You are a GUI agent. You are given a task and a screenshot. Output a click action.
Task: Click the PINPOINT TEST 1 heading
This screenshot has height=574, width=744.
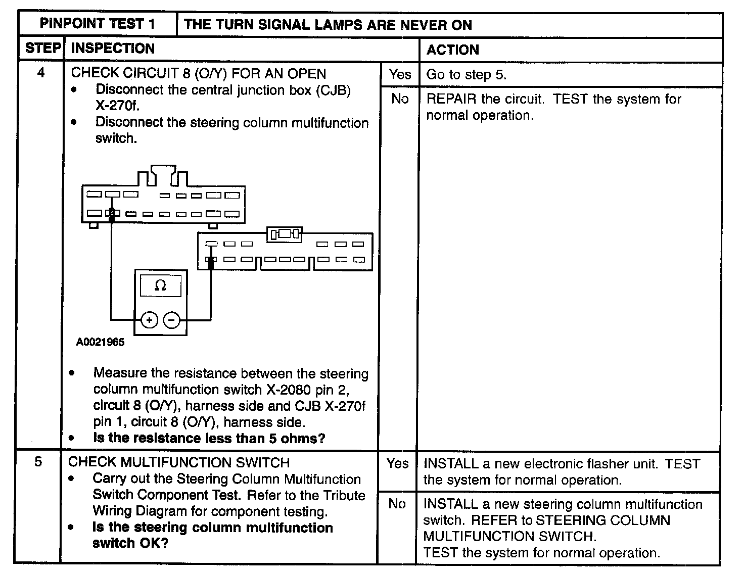pos(98,24)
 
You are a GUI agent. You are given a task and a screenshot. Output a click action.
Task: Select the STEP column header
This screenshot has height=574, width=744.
pos(42,49)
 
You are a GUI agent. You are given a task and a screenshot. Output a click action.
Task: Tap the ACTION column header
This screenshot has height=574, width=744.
pos(452,50)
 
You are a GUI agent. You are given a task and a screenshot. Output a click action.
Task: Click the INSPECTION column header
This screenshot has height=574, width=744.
pos(113,49)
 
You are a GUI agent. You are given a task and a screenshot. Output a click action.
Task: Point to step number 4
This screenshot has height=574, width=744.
pos(41,73)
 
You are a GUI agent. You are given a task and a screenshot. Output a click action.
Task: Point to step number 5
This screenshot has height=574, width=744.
pos(38,462)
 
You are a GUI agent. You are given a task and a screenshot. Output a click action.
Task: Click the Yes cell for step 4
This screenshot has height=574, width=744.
pos(400,74)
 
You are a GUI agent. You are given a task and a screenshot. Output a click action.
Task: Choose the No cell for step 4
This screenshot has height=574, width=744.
pos(399,99)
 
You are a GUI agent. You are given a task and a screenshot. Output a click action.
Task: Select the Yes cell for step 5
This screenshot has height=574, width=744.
pos(397,463)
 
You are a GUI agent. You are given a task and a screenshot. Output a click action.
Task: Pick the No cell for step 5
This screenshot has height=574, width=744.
pos(397,503)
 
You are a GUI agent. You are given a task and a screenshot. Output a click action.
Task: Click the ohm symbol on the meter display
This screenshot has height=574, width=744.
pos(160,286)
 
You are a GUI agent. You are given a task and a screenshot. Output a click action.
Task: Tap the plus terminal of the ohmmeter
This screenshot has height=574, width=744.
pos(149,320)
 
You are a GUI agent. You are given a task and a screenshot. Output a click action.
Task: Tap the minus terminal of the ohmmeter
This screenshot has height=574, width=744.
pos(172,320)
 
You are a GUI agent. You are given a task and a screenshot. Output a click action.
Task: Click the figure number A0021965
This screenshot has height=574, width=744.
pos(100,342)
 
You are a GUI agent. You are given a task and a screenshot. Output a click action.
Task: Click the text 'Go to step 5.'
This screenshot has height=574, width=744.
pos(466,75)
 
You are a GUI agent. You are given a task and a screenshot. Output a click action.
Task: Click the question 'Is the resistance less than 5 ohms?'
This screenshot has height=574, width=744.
pos(209,438)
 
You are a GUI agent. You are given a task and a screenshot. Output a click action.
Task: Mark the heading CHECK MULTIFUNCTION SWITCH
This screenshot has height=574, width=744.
pos(179,462)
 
